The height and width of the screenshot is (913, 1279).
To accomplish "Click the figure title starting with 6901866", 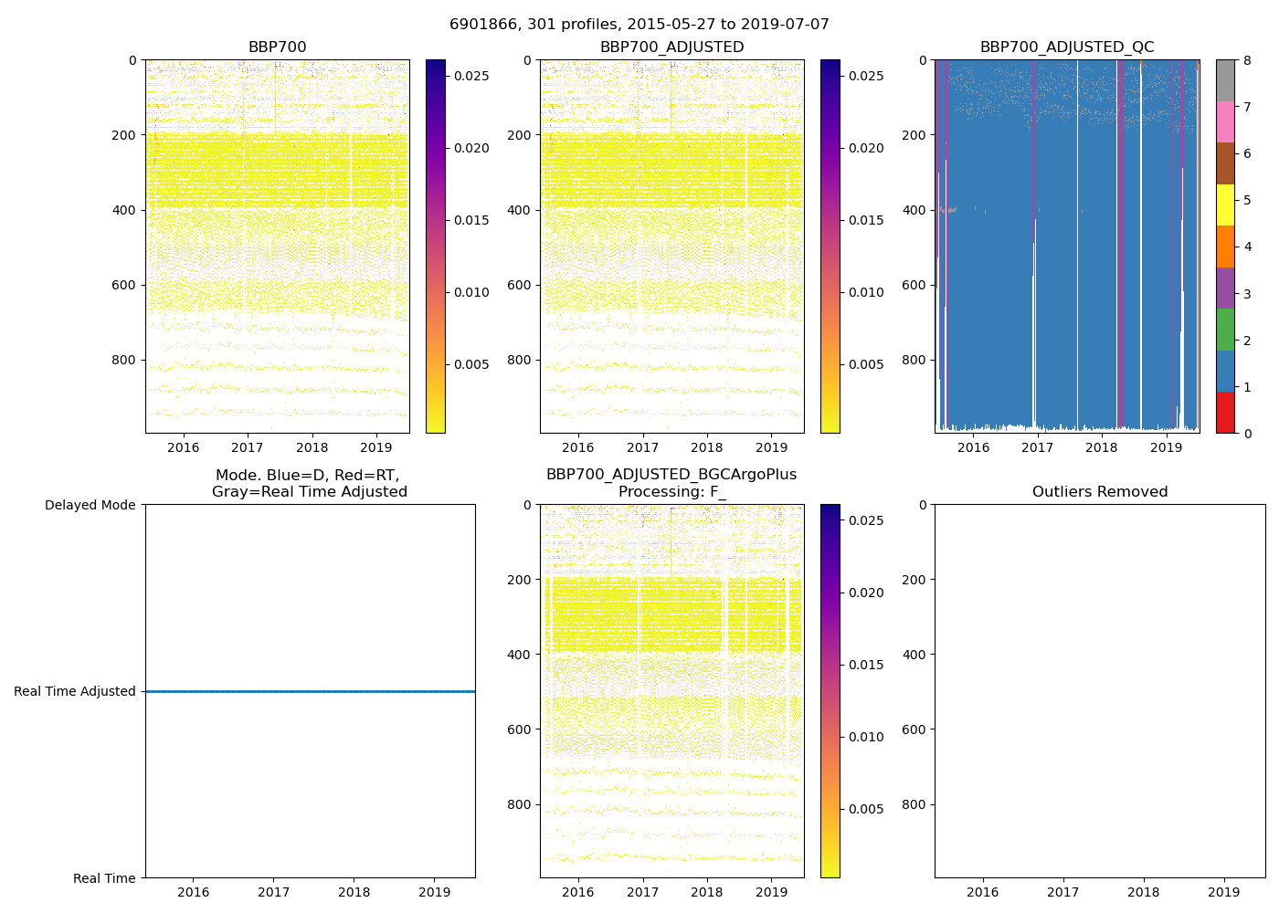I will pos(639,25).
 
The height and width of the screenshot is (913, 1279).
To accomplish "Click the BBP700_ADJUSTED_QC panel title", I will pos(1067,47).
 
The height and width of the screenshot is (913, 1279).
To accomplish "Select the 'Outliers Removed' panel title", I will pos(1100,492).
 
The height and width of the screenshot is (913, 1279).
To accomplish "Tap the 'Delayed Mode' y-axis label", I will pos(90,505).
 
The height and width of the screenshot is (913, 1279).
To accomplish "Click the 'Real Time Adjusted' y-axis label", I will pos(75,691).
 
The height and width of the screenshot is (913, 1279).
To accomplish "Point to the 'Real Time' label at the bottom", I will pos(104,878).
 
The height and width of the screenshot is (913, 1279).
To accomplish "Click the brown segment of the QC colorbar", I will pos(1225,163).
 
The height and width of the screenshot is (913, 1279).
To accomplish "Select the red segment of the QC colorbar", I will pos(1225,413).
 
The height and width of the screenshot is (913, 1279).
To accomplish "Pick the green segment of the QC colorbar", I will pos(1225,330).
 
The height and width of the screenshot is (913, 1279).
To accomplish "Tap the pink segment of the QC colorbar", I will pos(1225,122).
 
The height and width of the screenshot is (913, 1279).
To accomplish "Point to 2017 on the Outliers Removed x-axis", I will pos(1062,892).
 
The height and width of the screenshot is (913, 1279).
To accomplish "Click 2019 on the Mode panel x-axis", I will pos(435,892).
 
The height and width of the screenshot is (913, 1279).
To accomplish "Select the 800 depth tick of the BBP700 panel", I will pos(124,360).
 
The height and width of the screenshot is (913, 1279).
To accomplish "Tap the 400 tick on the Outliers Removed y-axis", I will pos(914,655).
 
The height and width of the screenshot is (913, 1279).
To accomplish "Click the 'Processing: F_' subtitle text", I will pos(671,492).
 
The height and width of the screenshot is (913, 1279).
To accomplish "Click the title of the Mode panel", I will pos(309,483).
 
